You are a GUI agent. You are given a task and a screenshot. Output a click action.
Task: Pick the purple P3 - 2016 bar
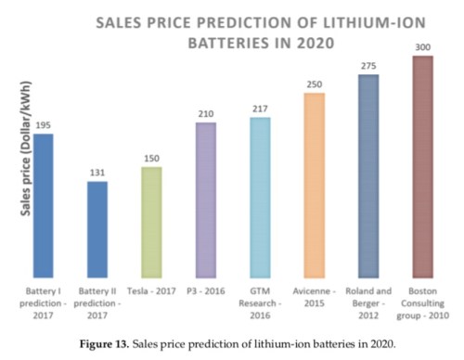click(204, 199)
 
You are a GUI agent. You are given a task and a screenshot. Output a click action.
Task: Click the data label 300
click(423, 46)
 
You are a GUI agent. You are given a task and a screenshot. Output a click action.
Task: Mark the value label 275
click(368, 66)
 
